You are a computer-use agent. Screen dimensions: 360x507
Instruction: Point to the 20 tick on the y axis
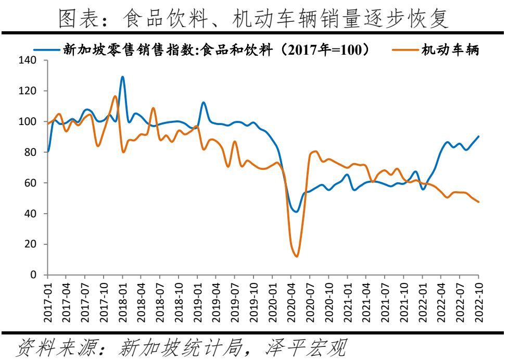[32, 244]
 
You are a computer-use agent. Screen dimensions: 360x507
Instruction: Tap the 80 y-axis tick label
[32, 153]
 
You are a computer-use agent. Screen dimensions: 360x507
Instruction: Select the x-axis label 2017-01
[47, 296]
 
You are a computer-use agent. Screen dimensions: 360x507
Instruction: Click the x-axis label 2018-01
[122, 296]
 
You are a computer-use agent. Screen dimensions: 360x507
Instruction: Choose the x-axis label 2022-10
[478, 296]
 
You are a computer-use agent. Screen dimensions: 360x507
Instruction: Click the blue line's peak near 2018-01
[122, 77]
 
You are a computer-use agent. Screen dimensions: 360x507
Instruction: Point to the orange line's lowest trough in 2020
[296, 256]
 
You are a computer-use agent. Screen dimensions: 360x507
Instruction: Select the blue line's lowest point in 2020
[296, 212]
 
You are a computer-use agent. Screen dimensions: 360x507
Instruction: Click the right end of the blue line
[478, 136]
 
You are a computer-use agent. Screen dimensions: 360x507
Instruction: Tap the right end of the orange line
[478, 202]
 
